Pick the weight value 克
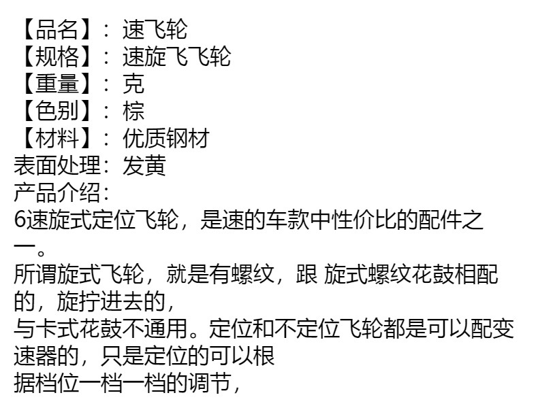pyautogui.click(x=133, y=84)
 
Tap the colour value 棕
pyautogui.click(x=133, y=111)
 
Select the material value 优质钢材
pyautogui.click(x=165, y=138)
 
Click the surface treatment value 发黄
pyautogui.click(x=144, y=165)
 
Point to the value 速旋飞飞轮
pyautogui.click(x=176, y=56)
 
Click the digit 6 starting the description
pyautogui.click(x=19, y=220)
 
